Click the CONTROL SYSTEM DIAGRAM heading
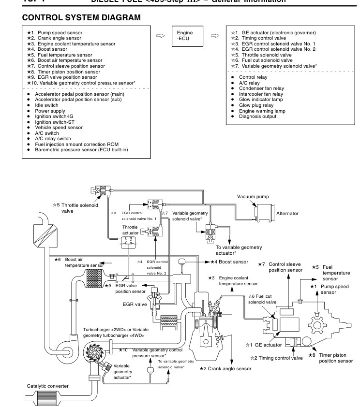point(81,18)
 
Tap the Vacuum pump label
point(253,197)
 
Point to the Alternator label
point(287,213)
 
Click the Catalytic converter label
point(48,386)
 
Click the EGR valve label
point(134,305)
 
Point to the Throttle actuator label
point(130,230)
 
